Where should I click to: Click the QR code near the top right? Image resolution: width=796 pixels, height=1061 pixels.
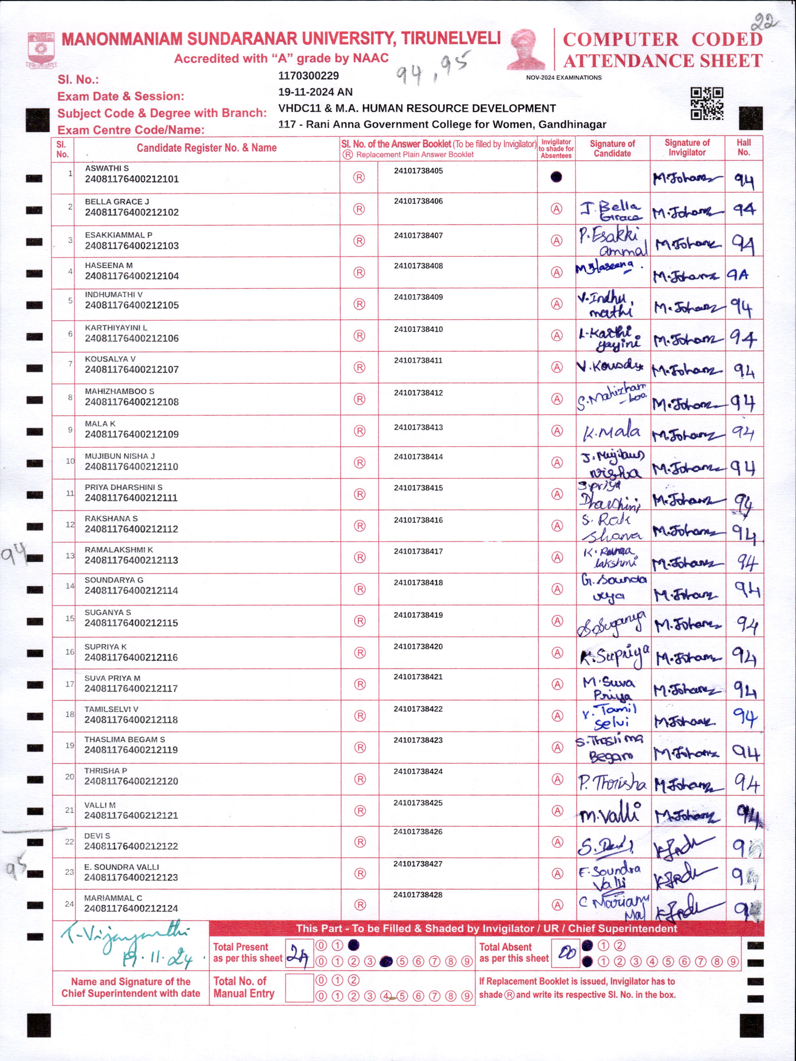coord(706,104)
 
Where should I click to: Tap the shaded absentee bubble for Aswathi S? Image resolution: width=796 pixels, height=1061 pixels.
coord(556,177)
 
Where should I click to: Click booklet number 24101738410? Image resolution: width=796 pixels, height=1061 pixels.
coord(418,330)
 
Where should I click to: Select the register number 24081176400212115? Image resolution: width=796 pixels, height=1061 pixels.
coord(131,623)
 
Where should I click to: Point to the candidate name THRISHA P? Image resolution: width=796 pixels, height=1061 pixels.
coord(106,771)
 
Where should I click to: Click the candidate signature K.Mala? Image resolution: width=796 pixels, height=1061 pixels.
coord(611,431)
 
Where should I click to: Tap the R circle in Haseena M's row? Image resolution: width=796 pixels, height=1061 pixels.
coord(359,272)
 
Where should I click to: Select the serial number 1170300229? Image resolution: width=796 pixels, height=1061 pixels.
coord(308,76)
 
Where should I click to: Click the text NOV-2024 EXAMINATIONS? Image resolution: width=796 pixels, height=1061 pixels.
coord(564,78)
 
